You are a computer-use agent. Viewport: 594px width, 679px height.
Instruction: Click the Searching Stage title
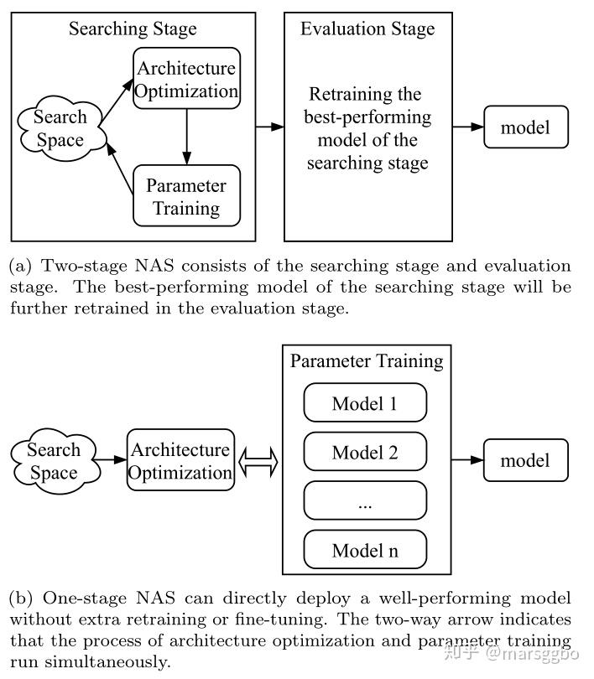pos(133,29)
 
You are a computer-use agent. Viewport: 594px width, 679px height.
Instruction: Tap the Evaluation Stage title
pos(367,29)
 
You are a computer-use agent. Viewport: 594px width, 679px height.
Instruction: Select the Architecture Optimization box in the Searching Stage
pos(187,79)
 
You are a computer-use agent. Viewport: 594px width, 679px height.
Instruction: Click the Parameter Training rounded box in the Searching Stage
pos(187,195)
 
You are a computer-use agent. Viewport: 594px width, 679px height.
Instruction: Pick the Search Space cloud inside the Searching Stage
pos(60,128)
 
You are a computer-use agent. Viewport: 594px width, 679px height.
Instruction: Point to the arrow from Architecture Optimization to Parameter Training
pos(187,137)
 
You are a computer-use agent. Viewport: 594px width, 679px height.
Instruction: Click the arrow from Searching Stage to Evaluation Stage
pos(270,127)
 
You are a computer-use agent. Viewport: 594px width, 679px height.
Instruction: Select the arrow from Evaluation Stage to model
pos(468,127)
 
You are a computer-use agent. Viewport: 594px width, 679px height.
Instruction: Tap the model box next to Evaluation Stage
pos(526,127)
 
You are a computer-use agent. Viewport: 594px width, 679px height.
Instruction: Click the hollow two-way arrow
pos(258,462)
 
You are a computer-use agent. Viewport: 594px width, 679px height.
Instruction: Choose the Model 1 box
pos(365,402)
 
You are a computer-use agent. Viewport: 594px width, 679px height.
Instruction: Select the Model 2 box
pos(365,452)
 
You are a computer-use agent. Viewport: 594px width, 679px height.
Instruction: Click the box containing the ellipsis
pos(365,500)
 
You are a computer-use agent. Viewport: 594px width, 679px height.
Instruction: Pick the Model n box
pos(365,550)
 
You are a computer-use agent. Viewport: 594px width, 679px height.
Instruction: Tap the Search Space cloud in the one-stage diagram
pos(55,461)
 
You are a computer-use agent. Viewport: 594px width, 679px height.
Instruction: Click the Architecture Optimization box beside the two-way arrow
pos(180,460)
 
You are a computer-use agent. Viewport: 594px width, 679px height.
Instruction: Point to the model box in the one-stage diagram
pos(525,460)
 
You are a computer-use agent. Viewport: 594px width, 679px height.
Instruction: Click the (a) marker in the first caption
pos(20,266)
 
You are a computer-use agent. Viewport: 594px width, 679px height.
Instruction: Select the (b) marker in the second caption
pos(21,598)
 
